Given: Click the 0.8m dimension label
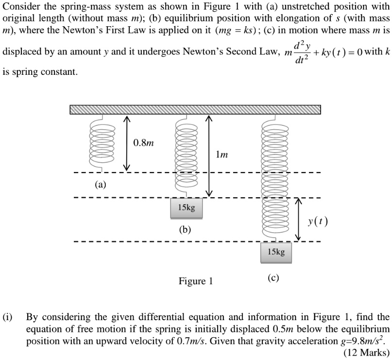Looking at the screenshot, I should pos(143,143).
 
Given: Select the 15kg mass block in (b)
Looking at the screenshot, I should pos(186,208).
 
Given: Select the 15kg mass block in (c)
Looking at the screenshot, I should pos(276,252).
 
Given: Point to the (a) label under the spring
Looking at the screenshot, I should pos(101,185).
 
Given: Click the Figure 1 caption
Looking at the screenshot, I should pos(196,281).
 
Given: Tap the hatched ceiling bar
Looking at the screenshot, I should pos(195,109).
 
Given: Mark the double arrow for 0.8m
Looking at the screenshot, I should pos(126,143).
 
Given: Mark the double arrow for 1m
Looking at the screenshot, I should pos(209,155).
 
